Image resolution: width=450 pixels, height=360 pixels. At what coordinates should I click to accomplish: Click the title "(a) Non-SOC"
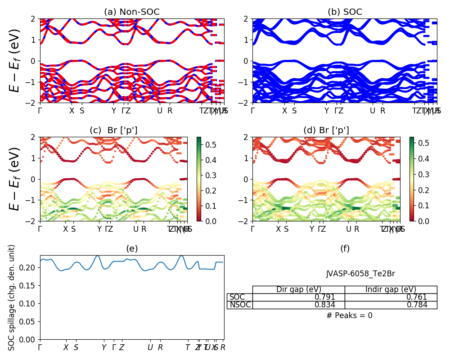[x=132, y=12]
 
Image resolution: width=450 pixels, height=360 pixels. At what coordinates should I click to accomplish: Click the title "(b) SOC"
[x=345, y=12]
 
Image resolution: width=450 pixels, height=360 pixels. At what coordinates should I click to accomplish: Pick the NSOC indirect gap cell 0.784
[x=426, y=305]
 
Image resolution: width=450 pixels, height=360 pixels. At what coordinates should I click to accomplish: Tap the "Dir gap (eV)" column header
[x=298, y=289]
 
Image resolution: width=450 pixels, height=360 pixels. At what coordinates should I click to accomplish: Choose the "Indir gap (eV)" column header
[x=391, y=289]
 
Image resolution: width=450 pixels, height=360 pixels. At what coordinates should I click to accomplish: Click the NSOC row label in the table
[x=240, y=305]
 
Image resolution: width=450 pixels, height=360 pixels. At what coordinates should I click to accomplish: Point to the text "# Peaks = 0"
[x=349, y=315]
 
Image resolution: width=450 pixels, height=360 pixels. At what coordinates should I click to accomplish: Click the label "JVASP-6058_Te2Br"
[x=360, y=274]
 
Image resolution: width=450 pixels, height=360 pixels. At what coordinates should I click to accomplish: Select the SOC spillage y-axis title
[x=12, y=297]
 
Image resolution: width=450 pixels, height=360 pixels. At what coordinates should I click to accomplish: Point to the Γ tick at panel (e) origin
[x=40, y=347]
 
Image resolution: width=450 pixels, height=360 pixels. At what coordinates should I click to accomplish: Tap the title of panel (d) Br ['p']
[x=326, y=130]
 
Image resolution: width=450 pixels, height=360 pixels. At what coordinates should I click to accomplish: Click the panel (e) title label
[x=132, y=248]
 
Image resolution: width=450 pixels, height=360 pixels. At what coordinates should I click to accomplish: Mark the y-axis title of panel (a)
[x=15, y=60]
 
